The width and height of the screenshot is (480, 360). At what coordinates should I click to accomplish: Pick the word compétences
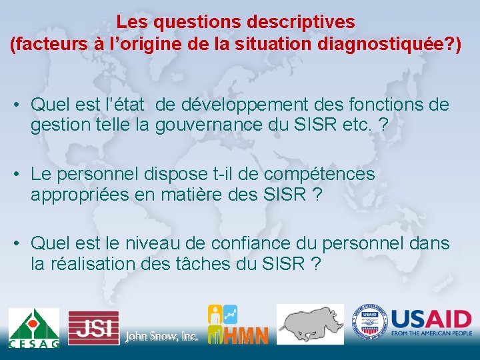[x=319, y=174]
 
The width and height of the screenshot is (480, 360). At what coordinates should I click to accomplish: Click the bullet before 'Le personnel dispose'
[x=17, y=175]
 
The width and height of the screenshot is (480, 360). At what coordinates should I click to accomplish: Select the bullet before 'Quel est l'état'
[x=17, y=105]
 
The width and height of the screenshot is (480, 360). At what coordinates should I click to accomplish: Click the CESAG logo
[x=33, y=327]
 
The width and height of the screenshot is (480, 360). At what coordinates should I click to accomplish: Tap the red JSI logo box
[x=93, y=327]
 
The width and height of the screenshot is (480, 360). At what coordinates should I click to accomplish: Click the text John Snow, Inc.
[x=161, y=337]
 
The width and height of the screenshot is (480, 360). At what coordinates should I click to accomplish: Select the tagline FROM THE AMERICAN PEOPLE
[x=431, y=333]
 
